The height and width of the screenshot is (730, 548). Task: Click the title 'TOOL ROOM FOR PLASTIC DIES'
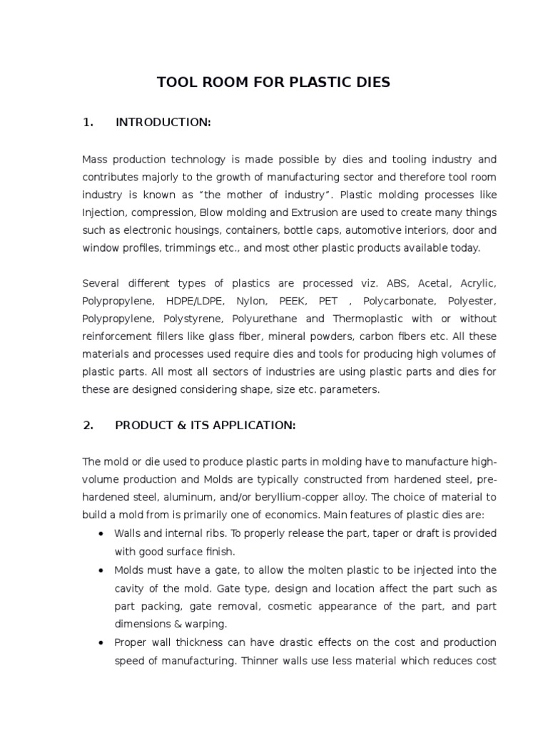273,82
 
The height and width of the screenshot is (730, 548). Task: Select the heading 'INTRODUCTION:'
163,123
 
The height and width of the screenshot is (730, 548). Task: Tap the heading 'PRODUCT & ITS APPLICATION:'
205,426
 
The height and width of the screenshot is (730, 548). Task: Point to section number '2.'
88,426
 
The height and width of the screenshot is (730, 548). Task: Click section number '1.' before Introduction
88,123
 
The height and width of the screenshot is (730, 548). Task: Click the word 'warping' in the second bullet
205,624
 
